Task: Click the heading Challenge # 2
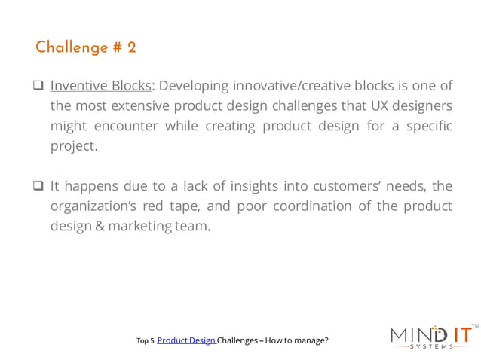click(86, 47)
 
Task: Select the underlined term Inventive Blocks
click(100, 85)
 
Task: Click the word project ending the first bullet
click(72, 146)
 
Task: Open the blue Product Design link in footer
click(186, 340)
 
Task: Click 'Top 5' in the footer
click(146, 341)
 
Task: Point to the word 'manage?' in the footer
click(311, 340)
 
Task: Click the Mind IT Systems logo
click(430, 336)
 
